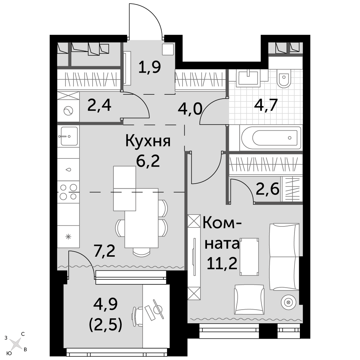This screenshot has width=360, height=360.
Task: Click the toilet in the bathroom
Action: [x=284, y=78]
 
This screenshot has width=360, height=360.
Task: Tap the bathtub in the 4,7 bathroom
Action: [x=271, y=138]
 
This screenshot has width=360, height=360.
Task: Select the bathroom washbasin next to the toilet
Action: [x=249, y=78]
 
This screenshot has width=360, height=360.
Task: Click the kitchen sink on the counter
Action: [x=68, y=136]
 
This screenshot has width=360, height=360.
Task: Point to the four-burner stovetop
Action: [x=68, y=192]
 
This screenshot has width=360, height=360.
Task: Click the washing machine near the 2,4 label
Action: [x=68, y=111]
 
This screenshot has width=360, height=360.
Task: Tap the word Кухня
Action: [x=148, y=141]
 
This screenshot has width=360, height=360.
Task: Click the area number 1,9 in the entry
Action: [x=149, y=67]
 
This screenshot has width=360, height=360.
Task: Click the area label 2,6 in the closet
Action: [x=267, y=189]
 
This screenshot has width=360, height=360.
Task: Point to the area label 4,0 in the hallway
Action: [x=190, y=109]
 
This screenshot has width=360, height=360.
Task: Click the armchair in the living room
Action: [x=249, y=300]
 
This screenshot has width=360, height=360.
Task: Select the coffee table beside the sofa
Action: [x=249, y=256]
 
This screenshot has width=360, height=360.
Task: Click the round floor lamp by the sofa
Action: [x=289, y=302]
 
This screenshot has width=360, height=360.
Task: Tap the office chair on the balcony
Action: [x=138, y=316]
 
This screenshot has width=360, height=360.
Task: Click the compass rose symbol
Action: [x=15, y=344]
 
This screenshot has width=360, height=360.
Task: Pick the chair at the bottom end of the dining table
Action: [x=141, y=252]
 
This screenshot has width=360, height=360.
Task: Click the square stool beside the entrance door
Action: [x=168, y=49]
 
